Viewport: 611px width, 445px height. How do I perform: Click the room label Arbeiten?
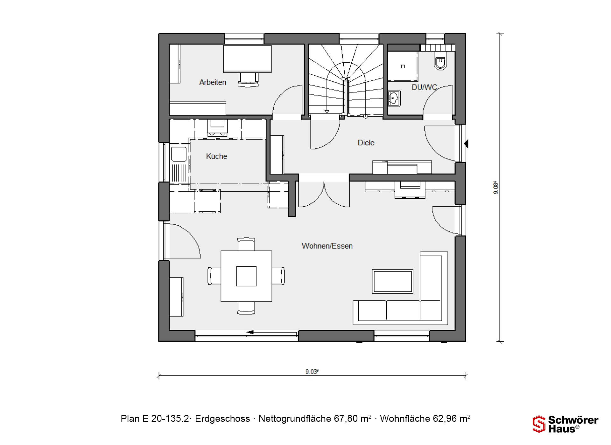(x=213, y=82)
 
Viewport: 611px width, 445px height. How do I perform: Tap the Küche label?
(x=216, y=156)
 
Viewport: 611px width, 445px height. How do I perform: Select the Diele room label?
(x=366, y=143)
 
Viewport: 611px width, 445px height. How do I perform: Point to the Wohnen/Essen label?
(x=327, y=246)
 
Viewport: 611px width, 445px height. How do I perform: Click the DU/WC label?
(x=424, y=87)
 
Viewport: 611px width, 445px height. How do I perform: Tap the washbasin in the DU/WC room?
(x=394, y=98)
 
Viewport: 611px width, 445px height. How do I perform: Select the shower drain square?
(x=403, y=66)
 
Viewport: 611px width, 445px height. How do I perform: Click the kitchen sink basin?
(x=179, y=154)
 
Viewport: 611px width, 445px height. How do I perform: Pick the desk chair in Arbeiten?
(x=248, y=79)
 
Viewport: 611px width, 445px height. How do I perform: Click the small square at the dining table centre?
(x=246, y=276)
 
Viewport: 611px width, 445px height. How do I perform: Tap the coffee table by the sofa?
(x=393, y=281)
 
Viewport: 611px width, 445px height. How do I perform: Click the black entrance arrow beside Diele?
(x=466, y=144)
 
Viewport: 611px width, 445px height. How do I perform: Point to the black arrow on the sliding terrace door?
(x=250, y=332)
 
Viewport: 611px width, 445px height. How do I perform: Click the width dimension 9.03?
(x=312, y=372)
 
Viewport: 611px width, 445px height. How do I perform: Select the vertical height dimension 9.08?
(x=496, y=188)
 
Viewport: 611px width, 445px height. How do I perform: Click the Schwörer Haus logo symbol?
(x=539, y=424)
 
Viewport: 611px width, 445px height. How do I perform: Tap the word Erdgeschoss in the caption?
(x=222, y=419)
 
